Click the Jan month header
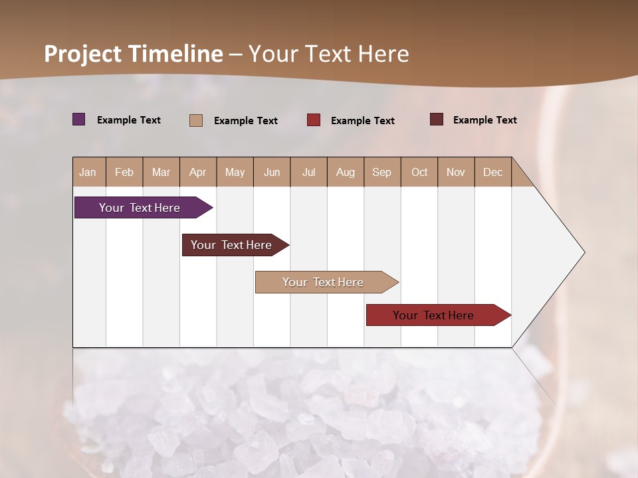[x=88, y=172]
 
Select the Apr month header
[x=197, y=172]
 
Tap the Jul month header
[x=308, y=172]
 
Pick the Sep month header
[x=381, y=172]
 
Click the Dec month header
[x=492, y=172]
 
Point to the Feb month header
[x=124, y=172]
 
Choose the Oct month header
[x=419, y=172]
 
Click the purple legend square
[x=79, y=119]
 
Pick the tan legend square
[x=196, y=120]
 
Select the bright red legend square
[x=314, y=120]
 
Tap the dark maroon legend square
[x=437, y=119]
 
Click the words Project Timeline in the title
[x=134, y=54]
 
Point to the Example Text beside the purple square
[x=129, y=120]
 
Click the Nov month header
[x=456, y=172]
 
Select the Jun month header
[x=272, y=172]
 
